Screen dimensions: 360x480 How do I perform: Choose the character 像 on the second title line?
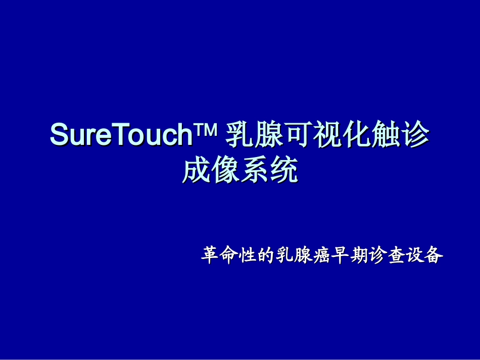pyautogui.click(x=225, y=171)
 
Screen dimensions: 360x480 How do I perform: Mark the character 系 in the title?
pyautogui.click(x=255, y=171)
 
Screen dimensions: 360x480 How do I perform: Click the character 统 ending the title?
pyautogui.click(x=283, y=171)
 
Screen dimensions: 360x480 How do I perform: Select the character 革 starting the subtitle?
pyautogui.click(x=209, y=255)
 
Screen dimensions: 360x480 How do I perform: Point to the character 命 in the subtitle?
pyautogui.click(x=227, y=255)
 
